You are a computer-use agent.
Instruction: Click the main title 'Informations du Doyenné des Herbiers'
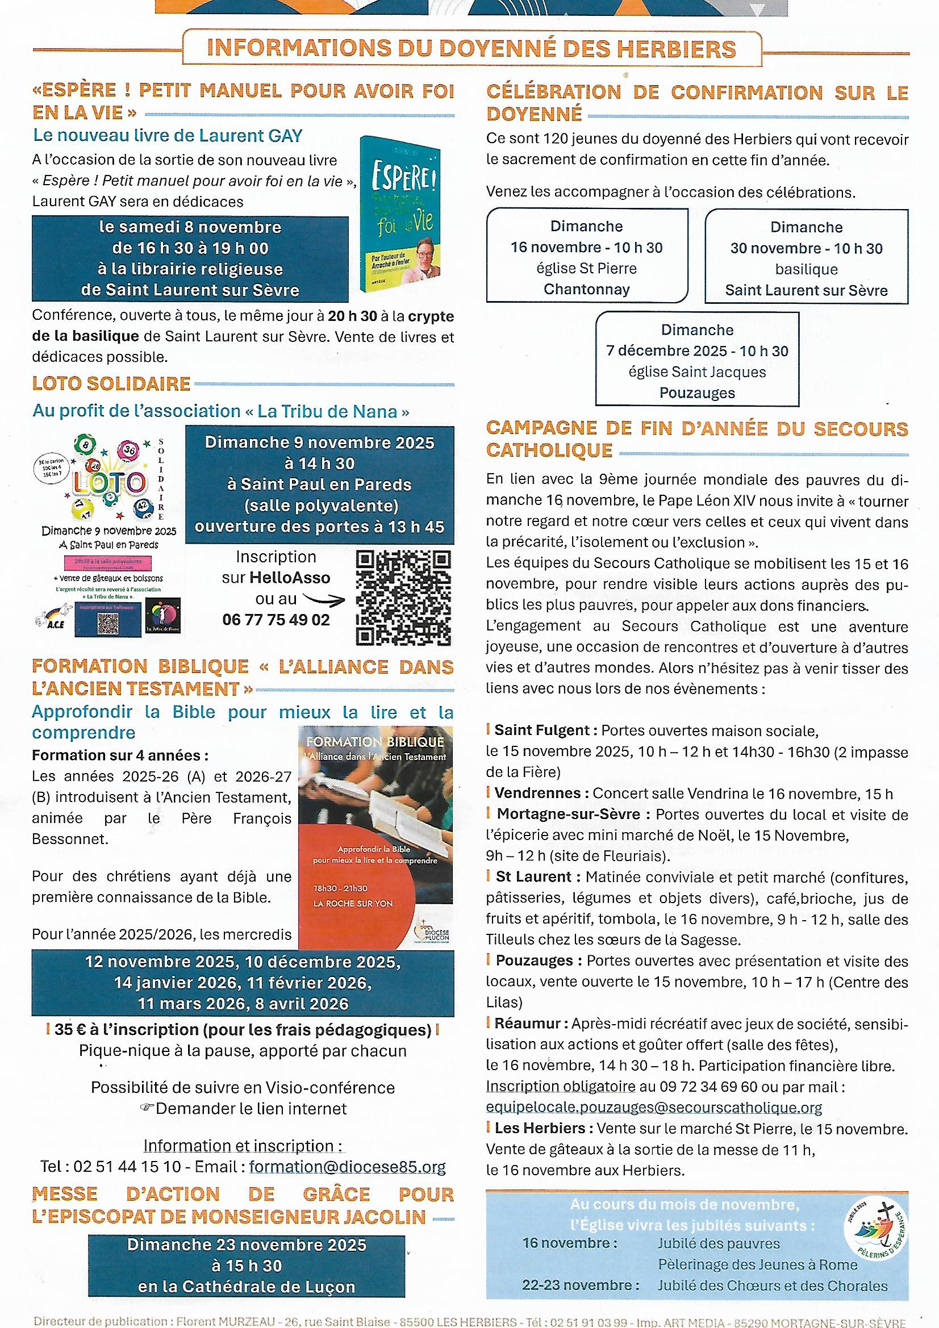(x=471, y=49)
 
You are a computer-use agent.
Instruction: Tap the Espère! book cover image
(x=400, y=213)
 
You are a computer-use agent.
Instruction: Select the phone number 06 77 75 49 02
(x=276, y=620)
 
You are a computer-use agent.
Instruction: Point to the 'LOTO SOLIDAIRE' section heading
(x=111, y=383)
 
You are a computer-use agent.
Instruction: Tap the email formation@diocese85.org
(x=347, y=1167)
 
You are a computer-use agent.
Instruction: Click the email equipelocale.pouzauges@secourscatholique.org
(x=654, y=1107)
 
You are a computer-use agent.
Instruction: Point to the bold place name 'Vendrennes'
(x=537, y=793)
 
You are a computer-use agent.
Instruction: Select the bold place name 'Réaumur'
(x=527, y=1023)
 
